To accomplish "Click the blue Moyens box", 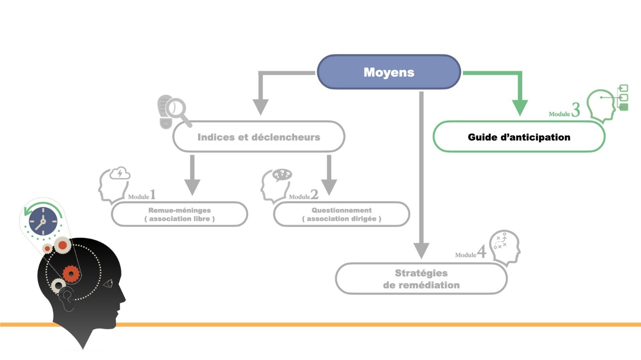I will [388, 72].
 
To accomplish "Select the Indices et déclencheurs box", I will [259, 137].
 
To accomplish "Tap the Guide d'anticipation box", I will [519, 137].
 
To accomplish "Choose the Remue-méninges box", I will [179, 214].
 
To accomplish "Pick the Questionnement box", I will [341, 214].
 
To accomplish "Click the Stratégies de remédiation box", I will [421, 279].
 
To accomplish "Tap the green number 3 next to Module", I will [576, 110].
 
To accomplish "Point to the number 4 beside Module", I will [482, 252].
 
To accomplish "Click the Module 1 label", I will [141, 196].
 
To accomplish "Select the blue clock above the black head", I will [43, 221].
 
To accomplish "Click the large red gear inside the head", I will [71, 273].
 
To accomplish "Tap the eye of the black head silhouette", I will [108, 283].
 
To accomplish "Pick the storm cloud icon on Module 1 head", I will [120, 173].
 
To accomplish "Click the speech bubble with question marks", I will [282, 174].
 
